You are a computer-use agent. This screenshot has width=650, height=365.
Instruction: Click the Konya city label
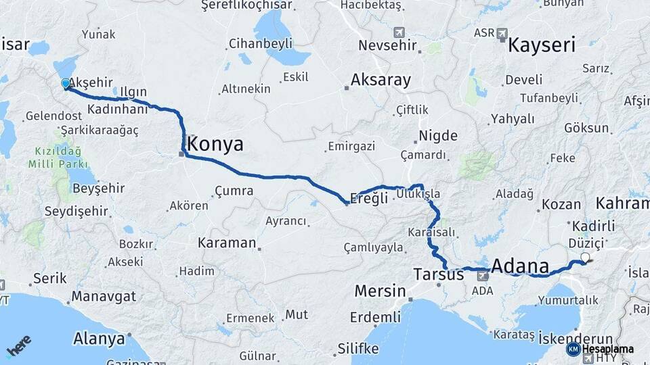[x=215, y=144]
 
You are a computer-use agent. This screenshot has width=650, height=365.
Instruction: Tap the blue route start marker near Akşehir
[x=66, y=84]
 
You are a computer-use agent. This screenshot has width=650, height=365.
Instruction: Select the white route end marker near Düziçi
[x=584, y=257]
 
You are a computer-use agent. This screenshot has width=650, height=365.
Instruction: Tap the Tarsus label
[x=438, y=275]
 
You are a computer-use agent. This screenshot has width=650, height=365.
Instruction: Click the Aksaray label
[x=381, y=80]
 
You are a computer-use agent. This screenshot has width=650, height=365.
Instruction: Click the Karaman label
[x=227, y=242]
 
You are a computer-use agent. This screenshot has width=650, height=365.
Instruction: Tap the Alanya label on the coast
[x=99, y=338]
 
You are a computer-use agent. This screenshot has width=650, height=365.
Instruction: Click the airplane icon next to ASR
[x=502, y=33]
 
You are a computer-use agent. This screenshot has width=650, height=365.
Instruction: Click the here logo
[x=19, y=345]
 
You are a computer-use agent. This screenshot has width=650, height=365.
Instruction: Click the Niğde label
[x=438, y=136]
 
